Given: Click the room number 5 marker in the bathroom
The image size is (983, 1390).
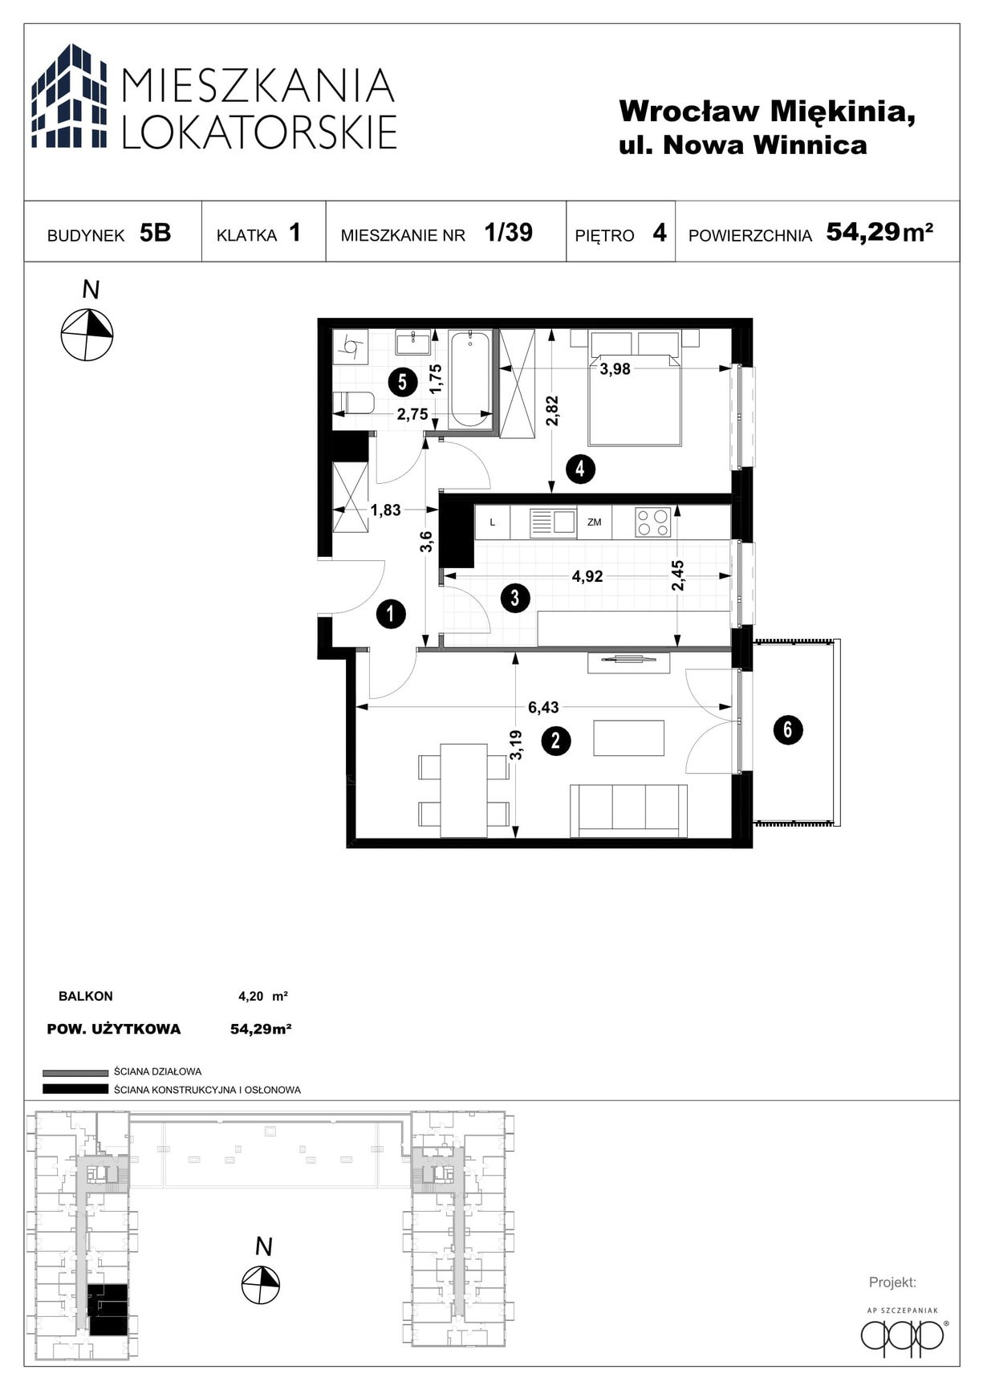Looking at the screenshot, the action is point(402,383).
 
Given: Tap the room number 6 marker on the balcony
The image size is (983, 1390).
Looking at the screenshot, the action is point(787,730).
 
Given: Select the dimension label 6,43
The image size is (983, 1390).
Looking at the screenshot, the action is point(543,707).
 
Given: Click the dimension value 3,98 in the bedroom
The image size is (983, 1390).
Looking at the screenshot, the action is point(615,369).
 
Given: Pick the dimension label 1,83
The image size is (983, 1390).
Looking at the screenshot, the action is point(385,510).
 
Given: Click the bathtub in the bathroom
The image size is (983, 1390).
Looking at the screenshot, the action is point(471,378).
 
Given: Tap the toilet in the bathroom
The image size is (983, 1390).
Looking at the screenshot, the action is point(352,403).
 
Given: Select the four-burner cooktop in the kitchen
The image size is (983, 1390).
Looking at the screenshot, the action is point(652,522).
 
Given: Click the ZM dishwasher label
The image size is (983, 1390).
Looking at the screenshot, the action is point(594,522).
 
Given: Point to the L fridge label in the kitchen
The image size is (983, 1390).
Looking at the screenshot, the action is point(494,522).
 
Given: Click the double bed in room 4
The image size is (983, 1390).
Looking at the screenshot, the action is point(635,388).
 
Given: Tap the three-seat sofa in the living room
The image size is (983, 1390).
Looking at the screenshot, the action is point(628,811).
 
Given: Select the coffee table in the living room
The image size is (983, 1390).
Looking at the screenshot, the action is point(628,738).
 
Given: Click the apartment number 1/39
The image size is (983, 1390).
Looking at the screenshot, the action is point(508,233).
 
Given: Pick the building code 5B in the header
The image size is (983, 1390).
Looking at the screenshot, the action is point(155,233).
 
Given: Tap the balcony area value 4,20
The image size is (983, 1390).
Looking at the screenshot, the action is point(250,997).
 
